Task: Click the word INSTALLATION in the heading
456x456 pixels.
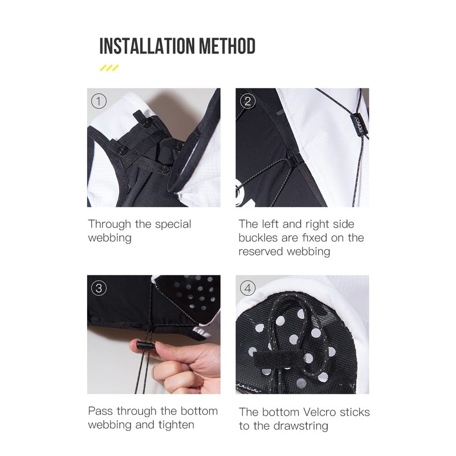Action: (147, 46)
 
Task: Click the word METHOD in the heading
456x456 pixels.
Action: (227, 46)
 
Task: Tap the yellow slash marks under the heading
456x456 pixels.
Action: (109, 68)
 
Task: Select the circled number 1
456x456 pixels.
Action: (99, 101)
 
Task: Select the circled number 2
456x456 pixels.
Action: (247, 101)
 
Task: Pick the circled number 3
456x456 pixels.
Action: (99, 288)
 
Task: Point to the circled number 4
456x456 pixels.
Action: (247, 288)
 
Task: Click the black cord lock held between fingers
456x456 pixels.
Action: (146, 345)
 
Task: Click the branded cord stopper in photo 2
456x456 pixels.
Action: (360, 123)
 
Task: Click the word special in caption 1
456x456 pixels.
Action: (173, 225)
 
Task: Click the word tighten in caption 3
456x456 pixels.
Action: (176, 425)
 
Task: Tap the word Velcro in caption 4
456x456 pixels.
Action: (320, 412)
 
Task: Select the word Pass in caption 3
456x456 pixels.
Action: (100, 411)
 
